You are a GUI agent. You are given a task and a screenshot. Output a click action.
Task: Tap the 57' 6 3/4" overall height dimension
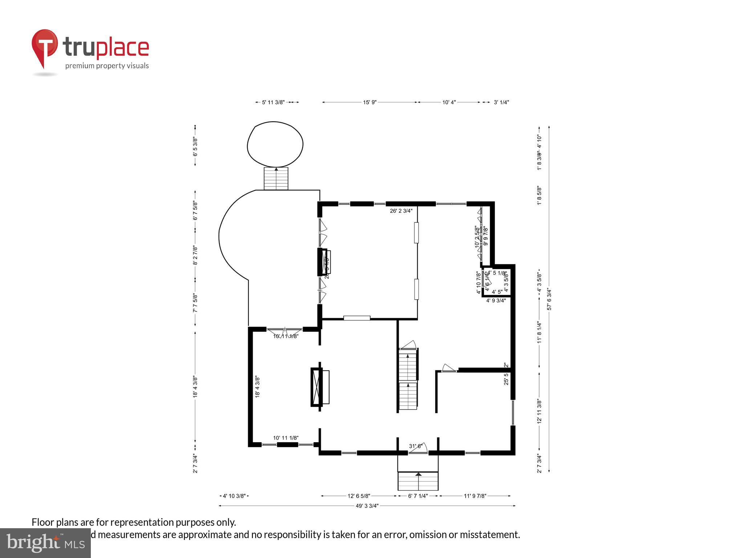point(549,299)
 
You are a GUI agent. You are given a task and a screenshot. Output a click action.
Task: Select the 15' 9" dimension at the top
point(369,102)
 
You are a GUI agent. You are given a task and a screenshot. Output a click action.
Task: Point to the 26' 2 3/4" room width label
point(401,211)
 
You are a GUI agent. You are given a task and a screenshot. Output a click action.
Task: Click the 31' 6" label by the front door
point(416,446)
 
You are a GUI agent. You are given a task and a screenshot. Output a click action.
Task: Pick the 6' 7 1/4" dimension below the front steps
point(418,496)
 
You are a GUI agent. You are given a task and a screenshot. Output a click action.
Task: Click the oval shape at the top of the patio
point(275,145)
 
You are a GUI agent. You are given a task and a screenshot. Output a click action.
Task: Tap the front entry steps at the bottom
point(418,481)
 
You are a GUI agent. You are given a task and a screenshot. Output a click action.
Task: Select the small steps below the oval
point(276,178)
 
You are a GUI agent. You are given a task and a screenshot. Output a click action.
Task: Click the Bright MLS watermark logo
point(45,543)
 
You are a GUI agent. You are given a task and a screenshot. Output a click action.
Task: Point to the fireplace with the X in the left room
point(317,387)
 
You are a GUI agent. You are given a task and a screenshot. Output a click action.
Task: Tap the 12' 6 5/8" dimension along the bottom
point(359,496)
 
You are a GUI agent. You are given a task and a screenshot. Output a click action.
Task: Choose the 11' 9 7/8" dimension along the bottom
point(475,496)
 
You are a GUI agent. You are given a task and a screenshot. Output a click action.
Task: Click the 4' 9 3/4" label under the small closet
point(496,300)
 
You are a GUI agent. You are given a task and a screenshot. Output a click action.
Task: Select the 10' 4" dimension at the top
point(449,102)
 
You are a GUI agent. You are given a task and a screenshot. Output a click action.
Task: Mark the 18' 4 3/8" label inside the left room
point(257,387)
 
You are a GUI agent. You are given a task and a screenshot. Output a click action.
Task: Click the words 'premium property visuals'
point(107,66)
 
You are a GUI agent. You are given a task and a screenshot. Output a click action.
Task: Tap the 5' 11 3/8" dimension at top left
point(273,102)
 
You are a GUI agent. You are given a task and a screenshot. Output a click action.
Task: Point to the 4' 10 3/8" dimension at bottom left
point(234,496)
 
